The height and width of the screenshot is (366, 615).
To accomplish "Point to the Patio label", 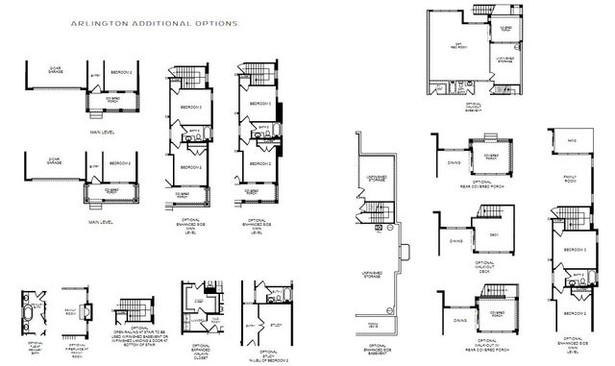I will (571, 142).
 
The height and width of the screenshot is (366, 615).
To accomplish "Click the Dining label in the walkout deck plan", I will (455, 241).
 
